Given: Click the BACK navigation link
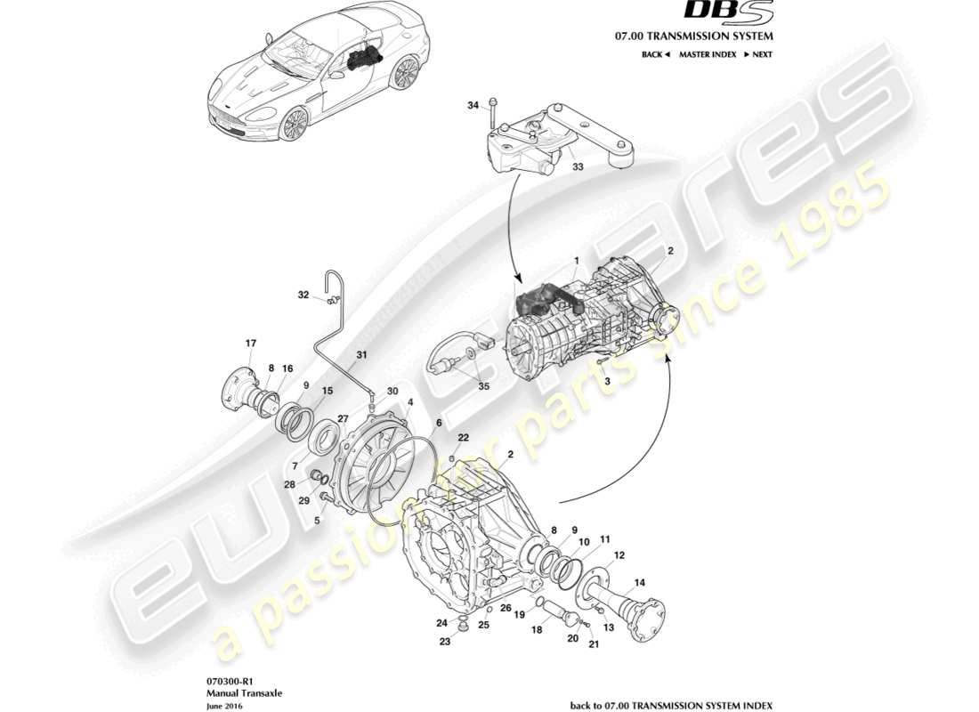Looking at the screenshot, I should (x=655, y=54).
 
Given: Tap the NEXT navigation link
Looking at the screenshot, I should (x=758, y=54).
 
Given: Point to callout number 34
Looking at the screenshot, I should (x=473, y=106).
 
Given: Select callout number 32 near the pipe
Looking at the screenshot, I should (x=303, y=295).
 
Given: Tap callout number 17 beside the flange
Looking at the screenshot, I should (x=251, y=343).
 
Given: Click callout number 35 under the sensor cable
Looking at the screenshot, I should (x=483, y=385).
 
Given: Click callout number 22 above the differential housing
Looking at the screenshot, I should (x=464, y=437).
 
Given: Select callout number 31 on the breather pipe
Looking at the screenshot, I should (x=360, y=355).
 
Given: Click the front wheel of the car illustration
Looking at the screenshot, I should (x=294, y=124).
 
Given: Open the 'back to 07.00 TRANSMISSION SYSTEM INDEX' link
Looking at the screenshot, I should (x=671, y=705).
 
